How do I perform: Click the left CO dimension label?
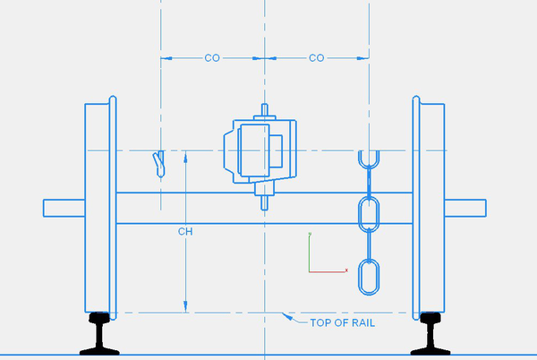[x=212, y=58]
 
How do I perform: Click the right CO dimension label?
[x=316, y=58]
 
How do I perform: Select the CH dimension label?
[x=185, y=231]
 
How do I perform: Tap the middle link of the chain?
[x=368, y=215]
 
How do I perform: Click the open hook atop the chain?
[x=368, y=161]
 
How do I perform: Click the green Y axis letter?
[x=310, y=236]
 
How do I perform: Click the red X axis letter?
[x=345, y=267]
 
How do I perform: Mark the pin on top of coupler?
[x=265, y=111]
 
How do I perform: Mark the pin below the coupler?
[x=265, y=199]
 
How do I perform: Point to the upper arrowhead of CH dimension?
[x=185, y=156]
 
